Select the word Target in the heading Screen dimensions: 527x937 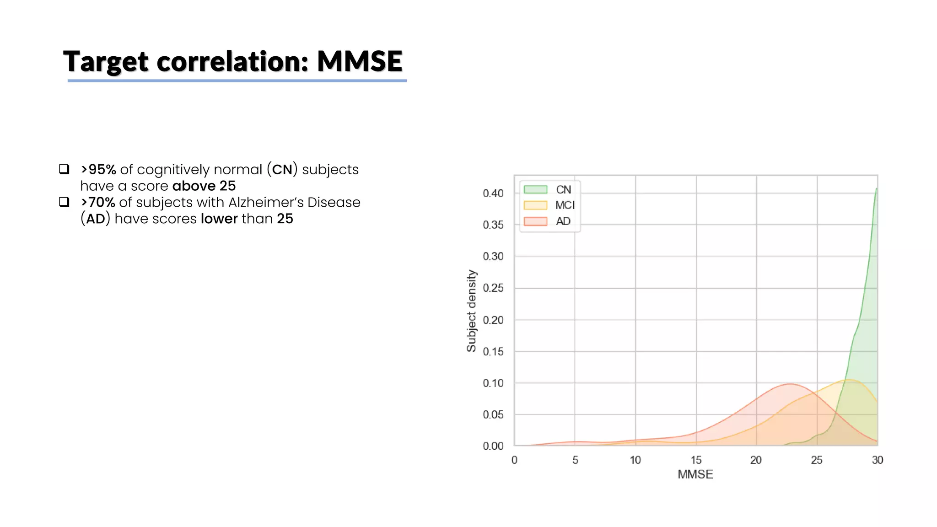[x=106, y=61]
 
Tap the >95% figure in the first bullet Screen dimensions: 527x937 [x=98, y=170]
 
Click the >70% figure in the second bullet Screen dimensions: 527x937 [x=98, y=202]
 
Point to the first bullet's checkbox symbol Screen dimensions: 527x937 [x=64, y=169]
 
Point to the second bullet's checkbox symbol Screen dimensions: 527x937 [x=64, y=202]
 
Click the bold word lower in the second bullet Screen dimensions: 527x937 [x=219, y=219]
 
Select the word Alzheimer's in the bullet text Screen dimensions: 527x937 [x=266, y=202]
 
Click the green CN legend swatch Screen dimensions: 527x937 [x=535, y=189]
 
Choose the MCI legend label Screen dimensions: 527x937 [x=565, y=205]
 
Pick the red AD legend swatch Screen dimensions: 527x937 [x=535, y=221]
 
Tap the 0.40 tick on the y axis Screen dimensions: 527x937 [x=493, y=194]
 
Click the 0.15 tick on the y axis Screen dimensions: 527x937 [x=493, y=352]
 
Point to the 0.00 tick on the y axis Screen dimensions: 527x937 [x=493, y=446]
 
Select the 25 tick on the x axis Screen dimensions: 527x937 [x=817, y=460]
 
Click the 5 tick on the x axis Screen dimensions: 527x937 [x=575, y=460]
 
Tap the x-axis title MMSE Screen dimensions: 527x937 [x=695, y=474]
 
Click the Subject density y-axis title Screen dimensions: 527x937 [x=471, y=311]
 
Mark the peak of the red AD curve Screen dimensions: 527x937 [x=790, y=384]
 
